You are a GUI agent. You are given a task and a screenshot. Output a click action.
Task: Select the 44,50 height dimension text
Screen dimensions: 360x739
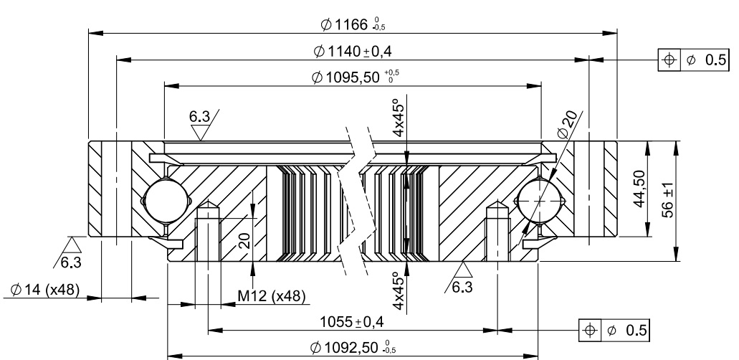coord(642,188)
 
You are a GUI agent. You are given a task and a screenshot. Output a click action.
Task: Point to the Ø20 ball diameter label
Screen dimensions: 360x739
coord(568,126)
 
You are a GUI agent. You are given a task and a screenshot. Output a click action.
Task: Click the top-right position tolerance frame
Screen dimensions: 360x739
coord(694,60)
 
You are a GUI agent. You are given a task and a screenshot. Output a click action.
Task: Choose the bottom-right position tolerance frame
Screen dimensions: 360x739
coord(615,330)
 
